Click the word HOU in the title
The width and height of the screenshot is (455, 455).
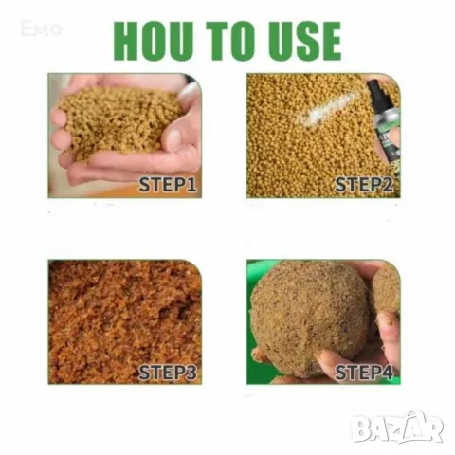pyautogui.click(x=154, y=41)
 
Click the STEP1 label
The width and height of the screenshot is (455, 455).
pyautogui.click(x=168, y=185)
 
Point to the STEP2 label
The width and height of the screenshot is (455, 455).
pyautogui.click(x=364, y=185)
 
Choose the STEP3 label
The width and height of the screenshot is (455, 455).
pyautogui.click(x=168, y=373)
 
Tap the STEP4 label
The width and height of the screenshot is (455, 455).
pyautogui.click(x=364, y=373)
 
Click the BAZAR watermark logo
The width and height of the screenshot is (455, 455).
pyautogui.click(x=398, y=428)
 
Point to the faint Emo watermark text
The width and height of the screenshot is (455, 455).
pyautogui.click(x=41, y=28)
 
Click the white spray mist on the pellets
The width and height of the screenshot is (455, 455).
pyautogui.click(x=329, y=106)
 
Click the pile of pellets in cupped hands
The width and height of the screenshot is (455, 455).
pyautogui.click(x=120, y=121)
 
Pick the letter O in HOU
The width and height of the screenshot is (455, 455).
pyautogui.click(x=154, y=41)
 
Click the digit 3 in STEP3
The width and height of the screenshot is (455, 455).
pyautogui.click(x=190, y=373)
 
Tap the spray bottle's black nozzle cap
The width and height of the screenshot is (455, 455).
pyautogui.click(x=373, y=87)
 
